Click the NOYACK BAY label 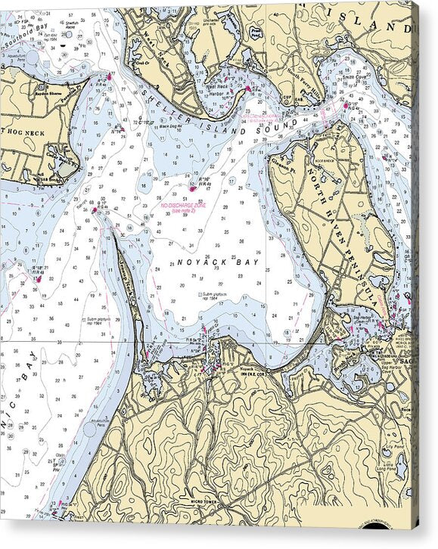pos(218,262)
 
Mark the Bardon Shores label pos(47,85)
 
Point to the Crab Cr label pos(141,64)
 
